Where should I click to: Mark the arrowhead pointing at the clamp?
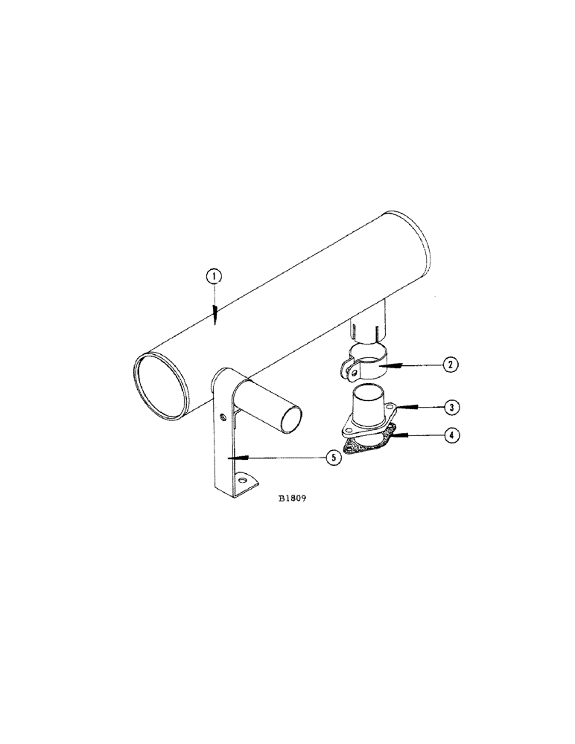click(x=387, y=365)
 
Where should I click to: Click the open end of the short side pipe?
click(x=292, y=422)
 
